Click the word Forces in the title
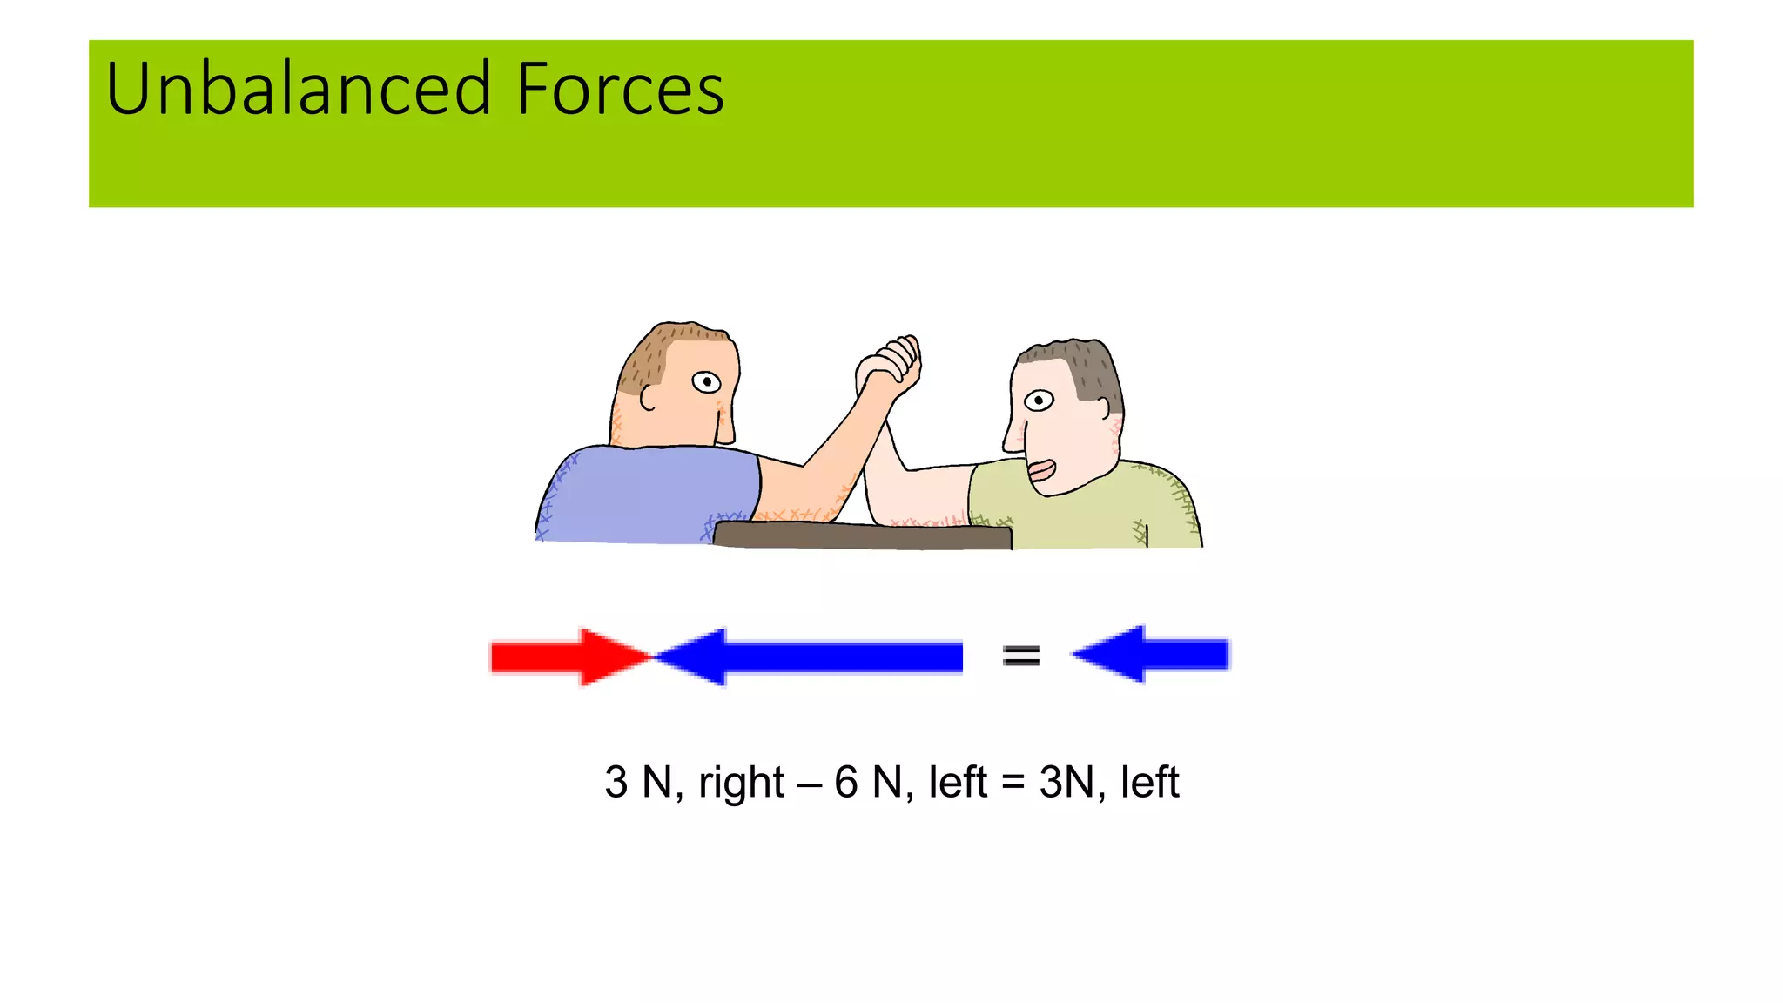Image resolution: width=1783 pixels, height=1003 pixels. [x=619, y=89]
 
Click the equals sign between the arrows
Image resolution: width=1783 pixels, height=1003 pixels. [x=1020, y=655]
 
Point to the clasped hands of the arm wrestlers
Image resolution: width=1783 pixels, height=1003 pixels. [x=888, y=366]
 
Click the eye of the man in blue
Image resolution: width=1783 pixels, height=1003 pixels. [x=706, y=381]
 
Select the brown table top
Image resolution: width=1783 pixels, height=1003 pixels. [x=862, y=535]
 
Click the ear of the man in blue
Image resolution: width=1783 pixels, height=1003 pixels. [x=648, y=398]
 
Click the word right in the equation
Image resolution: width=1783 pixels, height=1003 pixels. [x=741, y=782]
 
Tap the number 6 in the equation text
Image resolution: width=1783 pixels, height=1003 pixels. [x=845, y=782]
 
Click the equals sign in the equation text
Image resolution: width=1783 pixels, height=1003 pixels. [x=1013, y=782]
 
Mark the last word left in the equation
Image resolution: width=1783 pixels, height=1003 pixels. [x=1149, y=782]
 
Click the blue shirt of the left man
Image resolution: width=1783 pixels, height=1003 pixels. [x=644, y=496]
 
